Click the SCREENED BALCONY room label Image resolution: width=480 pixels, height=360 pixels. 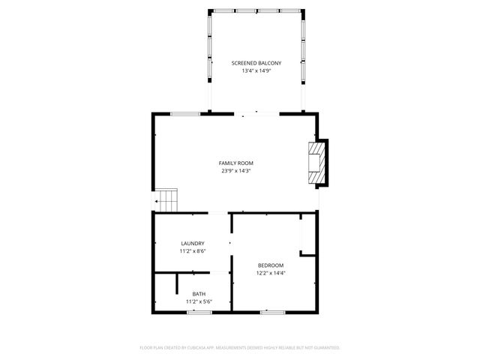tap(256, 64)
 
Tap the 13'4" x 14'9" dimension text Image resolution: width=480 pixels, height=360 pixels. tap(256, 71)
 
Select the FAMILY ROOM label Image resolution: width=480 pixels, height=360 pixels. tap(236, 163)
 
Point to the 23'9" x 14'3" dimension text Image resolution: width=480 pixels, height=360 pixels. tap(236, 171)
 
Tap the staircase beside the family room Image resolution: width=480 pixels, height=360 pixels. tap(169, 200)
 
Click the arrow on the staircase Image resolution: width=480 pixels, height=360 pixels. tap(159, 201)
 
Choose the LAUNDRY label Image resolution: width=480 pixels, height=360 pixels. tap(193, 243)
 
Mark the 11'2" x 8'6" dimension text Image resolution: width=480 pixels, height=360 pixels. tap(193, 251)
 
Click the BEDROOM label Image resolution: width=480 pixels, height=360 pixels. tap(271, 265)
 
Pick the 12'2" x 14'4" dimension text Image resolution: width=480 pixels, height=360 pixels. tap(271, 273)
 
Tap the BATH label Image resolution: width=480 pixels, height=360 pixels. tap(199, 294)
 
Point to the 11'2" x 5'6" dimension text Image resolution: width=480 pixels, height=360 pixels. tap(199, 301)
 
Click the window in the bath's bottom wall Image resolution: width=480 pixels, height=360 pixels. tap(199, 311)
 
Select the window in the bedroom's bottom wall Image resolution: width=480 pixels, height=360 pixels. tap(271, 311)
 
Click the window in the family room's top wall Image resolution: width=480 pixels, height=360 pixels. tap(185, 114)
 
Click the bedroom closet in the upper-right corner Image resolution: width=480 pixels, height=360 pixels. tap(308, 235)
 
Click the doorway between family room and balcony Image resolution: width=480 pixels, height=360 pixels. tap(256, 114)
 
